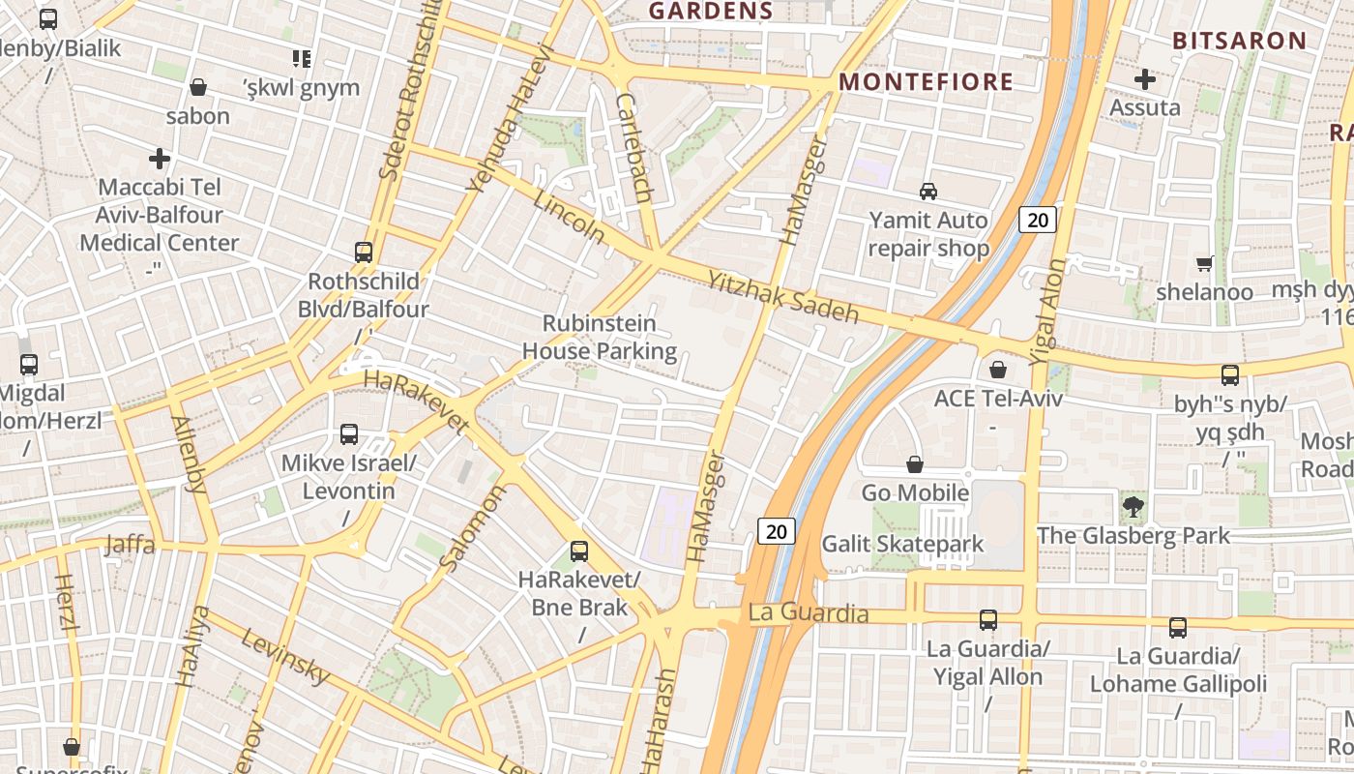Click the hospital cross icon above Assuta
coord(1145,79)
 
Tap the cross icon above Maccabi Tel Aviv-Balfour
coord(160,158)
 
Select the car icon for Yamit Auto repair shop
coord(928,192)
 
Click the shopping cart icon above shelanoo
coord(1205,263)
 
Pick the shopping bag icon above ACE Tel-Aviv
coord(998,370)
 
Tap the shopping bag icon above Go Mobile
coord(915,464)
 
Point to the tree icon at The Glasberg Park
coord(1133,505)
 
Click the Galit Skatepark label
coord(901,544)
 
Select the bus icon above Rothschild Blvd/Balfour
coord(364,253)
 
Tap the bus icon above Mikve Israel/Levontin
coord(349,434)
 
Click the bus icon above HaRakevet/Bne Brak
coord(579,551)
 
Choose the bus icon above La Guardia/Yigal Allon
coord(988,619)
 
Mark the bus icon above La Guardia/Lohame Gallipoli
coord(1178,627)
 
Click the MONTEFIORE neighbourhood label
coord(926,82)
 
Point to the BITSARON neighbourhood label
coord(1239,41)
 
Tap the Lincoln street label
coord(569,217)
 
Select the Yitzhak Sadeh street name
coord(783,296)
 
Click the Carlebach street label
coord(634,147)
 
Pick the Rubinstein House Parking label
coord(599,337)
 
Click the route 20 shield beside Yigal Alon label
coord(1038,220)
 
